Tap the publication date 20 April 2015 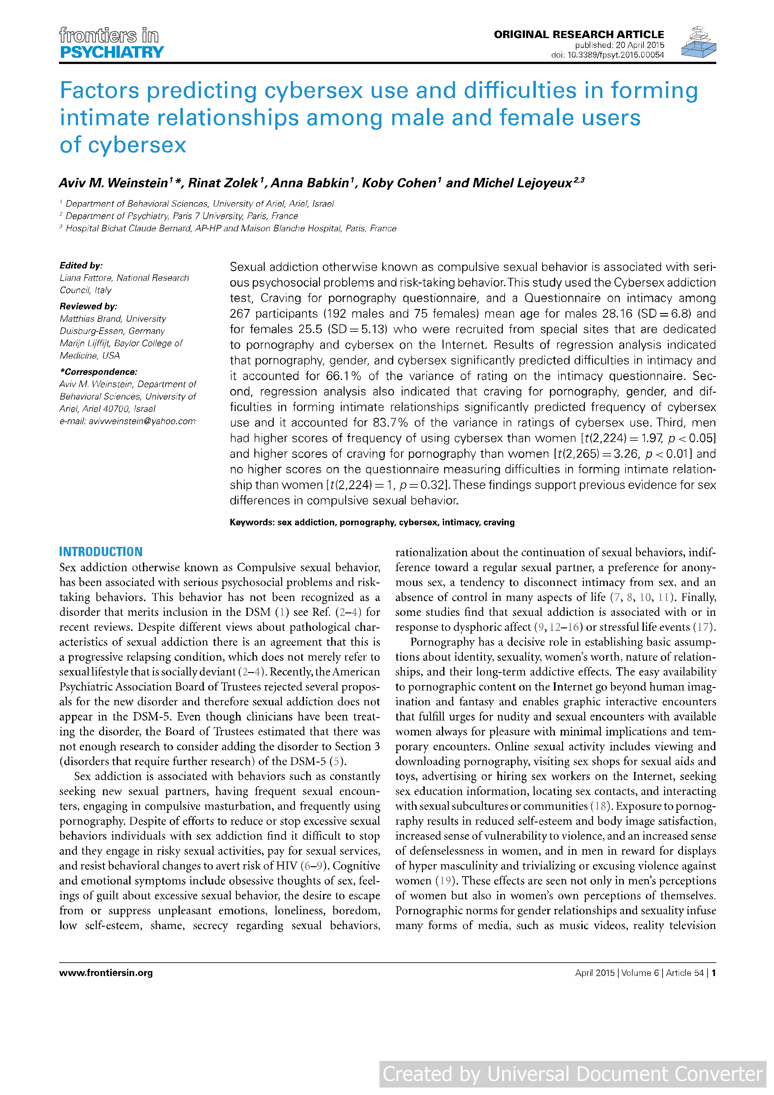[x=639, y=45]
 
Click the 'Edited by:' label [x=81, y=266]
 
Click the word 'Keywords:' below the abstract [x=252, y=522]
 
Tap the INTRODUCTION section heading [x=100, y=552]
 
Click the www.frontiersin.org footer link [x=106, y=973]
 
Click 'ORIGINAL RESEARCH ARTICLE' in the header [x=579, y=34]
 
